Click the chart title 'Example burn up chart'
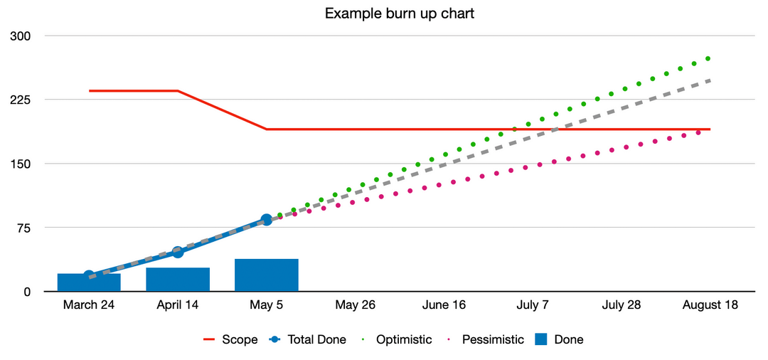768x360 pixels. (x=383, y=14)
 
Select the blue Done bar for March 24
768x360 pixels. (x=89, y=282)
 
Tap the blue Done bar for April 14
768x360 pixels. (x=178, y=280)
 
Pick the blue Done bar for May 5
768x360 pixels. (x=267, y=275)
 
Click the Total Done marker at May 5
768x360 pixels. (x=267, y=220)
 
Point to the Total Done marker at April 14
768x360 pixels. (x=178, y=252)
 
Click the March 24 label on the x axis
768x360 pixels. (x=89, y=305)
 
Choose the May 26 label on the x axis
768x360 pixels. (x=356, y=305)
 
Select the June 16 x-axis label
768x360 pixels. (x=444, y=305)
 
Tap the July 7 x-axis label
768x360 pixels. (x=533, y=305)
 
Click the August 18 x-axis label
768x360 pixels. (x=710, y=305)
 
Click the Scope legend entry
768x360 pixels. (x=230, y=340)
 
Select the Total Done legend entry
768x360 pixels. (x=308, y=340)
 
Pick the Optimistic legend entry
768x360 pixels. (x=395, y=340)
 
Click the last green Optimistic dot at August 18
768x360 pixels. (x=708, y=58)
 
